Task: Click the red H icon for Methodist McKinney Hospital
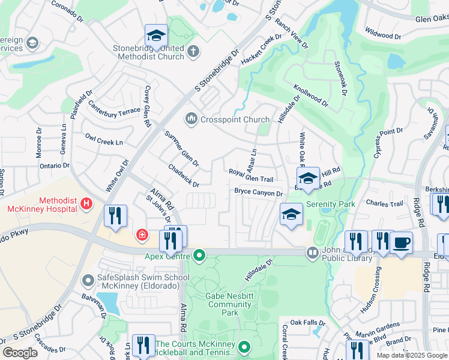coord(87,204)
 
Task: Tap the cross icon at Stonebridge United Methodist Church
coord(193,51)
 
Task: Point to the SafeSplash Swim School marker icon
coord(88,279)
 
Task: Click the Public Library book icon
coord(312,253)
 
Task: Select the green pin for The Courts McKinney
coord(244,346)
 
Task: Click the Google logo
coord(19,353)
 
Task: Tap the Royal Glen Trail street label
coord(251,176)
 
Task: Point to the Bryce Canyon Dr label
coord(258,193)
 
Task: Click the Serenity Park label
coord(330,204)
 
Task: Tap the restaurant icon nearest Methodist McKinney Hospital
coord(115,216)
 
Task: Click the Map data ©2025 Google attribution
coord(412,355)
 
